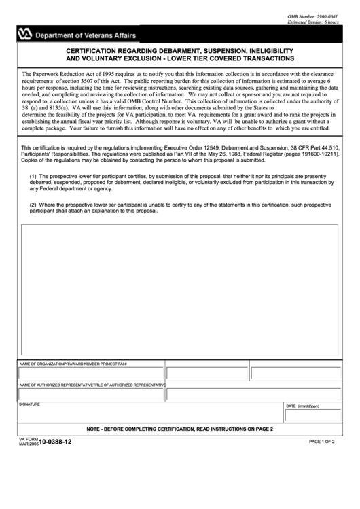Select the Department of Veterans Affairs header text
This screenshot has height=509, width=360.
[x=86, y=35]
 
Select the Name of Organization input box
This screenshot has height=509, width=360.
[x=90, y=373]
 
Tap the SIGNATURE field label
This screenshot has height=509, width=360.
[x=30, y=404]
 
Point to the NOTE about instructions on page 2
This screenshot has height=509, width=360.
[x=180, y=429]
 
